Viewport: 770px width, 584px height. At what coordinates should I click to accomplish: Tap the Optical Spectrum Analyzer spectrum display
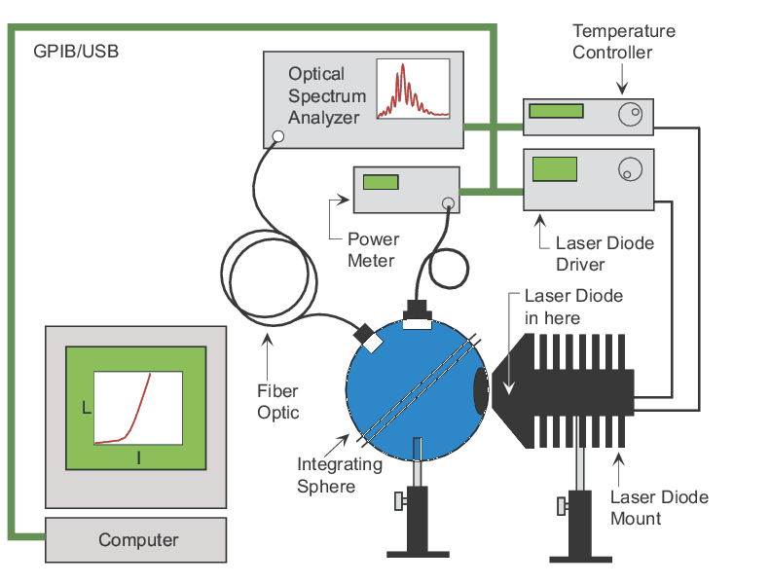(x=412, y=90)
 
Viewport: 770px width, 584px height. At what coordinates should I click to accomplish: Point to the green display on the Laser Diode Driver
(x=553, y=168)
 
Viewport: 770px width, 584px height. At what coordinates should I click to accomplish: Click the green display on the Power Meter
(x=381, y=181)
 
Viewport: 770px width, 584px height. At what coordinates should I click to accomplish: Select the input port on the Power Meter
(x=448, y=203)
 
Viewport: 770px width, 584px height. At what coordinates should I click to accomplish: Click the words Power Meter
(x=373, y=250)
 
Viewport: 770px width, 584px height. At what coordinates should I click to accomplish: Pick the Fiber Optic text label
(x=277, y=401)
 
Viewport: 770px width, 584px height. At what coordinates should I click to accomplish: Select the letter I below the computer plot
(x=139, y=456)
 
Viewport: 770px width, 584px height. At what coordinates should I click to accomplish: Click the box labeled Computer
(x=137, y=540)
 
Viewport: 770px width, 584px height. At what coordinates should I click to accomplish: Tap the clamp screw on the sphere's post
(x=400, y=502)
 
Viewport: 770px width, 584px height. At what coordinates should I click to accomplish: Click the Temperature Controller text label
(x=623, y=41)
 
